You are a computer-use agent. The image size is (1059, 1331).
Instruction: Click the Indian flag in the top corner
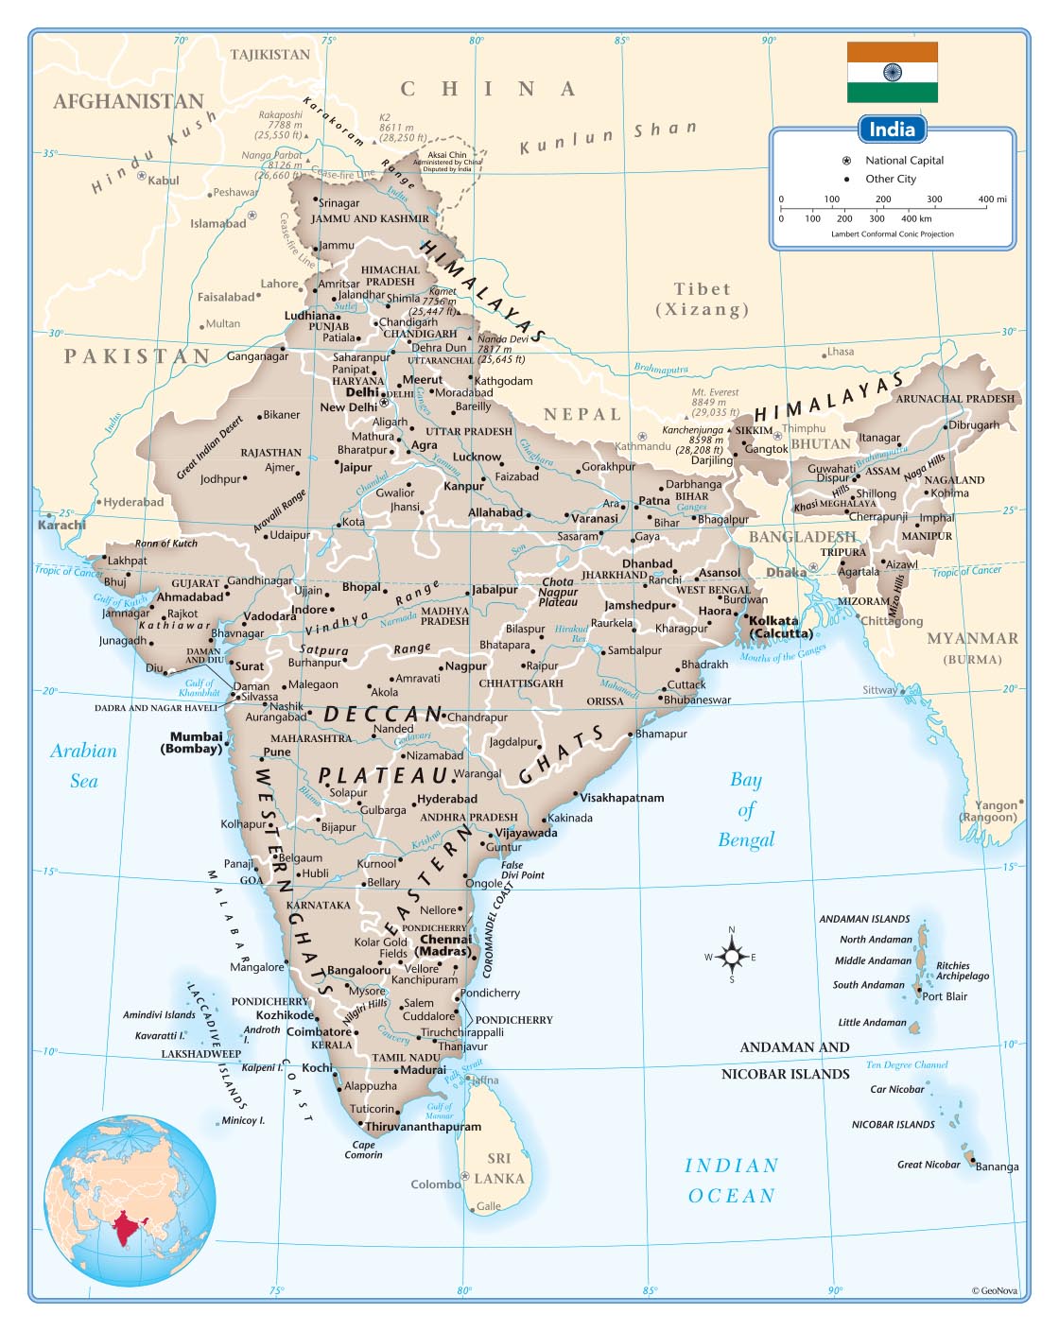(892, 72)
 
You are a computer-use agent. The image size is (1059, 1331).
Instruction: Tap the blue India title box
(892, 130)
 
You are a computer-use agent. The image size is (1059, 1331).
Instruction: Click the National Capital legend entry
(903, 161)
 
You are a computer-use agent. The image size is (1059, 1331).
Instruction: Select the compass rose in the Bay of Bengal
(732, 957)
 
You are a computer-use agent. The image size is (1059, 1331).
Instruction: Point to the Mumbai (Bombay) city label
(195, 743)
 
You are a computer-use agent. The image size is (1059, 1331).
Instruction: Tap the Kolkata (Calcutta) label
(780, 628)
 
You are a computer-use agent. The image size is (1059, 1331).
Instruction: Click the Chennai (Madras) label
(444, 945)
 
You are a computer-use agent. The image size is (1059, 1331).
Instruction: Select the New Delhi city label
(348, 407)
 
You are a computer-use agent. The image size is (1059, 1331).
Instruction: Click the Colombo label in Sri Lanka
(435, 1184)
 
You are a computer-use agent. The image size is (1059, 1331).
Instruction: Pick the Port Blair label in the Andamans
(945, 996)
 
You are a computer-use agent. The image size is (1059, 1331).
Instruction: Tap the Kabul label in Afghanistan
(163, 181)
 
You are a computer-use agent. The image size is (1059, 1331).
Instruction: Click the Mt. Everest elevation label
(715, 402)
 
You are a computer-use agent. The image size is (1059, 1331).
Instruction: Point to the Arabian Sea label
(83, 766)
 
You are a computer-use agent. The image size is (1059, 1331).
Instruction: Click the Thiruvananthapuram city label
(423, 1127)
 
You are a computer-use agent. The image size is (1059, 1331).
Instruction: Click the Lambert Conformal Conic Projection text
(892, 234)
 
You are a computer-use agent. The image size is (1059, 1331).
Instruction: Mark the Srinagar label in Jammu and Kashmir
(339, 203)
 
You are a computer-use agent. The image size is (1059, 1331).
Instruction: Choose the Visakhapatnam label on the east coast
(621, 798)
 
